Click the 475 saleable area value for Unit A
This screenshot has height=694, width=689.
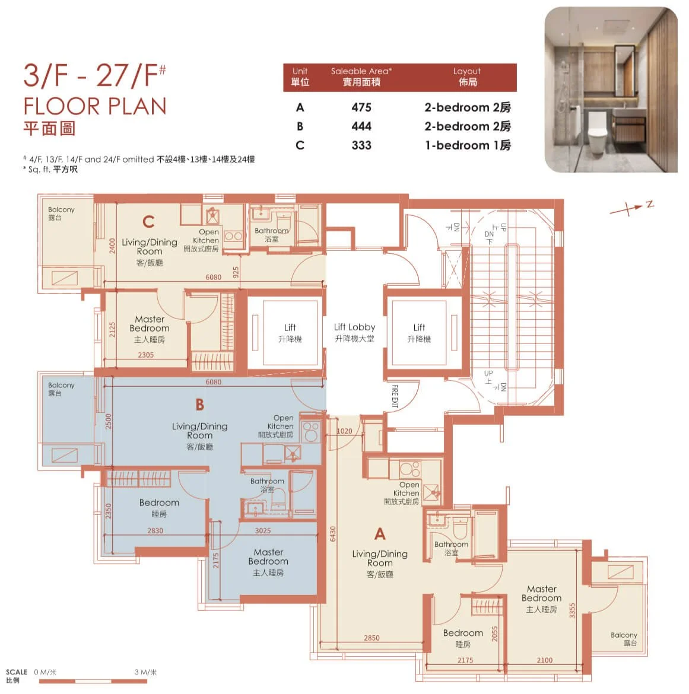tap(361, 107)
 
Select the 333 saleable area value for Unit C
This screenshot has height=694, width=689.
tap(361, 145)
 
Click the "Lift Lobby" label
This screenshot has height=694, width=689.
tap(354, 327)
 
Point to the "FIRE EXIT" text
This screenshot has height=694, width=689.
tap(395, 396)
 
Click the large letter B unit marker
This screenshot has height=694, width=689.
tap(199, 405)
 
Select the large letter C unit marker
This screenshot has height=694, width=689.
tap(148, 222)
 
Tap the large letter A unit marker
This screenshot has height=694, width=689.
tap(380, 534)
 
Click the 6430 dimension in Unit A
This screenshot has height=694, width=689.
tap(333, 534)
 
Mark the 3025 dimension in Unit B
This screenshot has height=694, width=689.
tap(263, 531)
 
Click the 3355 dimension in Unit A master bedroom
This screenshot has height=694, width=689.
tap(572, 611)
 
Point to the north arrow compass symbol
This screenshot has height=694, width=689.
tap(631, 208)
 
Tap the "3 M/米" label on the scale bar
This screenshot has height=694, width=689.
tap(145, 672)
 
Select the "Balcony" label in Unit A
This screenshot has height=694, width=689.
tap(624, 635)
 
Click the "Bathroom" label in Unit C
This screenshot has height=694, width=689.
tap(271, 231)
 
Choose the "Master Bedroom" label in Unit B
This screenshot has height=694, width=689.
tap(268, 556)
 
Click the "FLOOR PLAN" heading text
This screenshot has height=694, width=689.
tap(95, 107)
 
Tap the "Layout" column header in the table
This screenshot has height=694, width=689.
tap(467, 71)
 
